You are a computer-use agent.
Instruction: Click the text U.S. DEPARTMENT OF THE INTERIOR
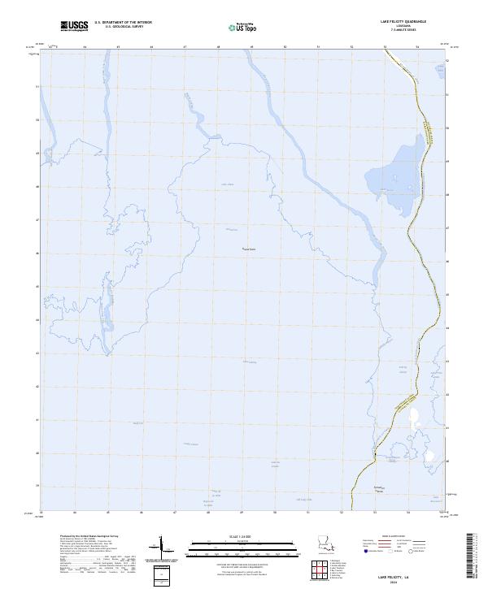click(x=123, y=22)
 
